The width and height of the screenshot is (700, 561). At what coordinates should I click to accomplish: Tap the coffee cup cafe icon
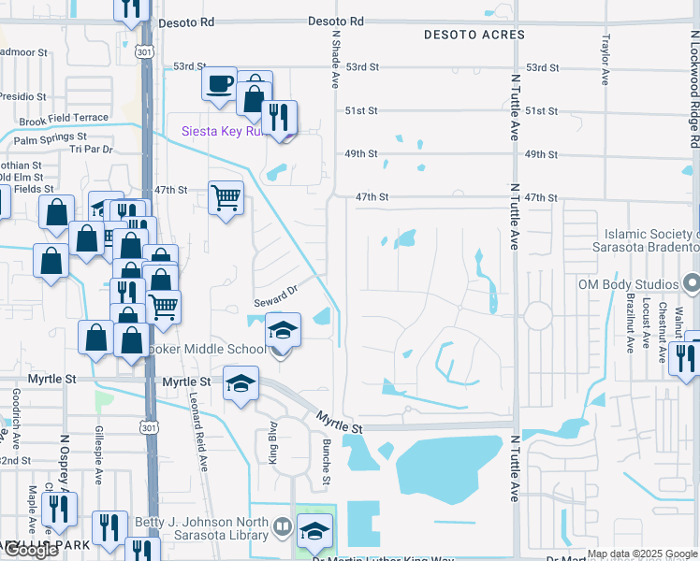coord(219,83)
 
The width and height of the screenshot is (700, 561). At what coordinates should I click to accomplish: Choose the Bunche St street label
coord(327,463)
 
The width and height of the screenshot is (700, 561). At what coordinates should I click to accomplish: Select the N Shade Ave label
coord(334,58)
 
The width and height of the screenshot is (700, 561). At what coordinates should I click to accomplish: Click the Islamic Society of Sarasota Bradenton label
coord(645,240)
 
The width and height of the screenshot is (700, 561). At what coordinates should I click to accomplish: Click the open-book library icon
coord(282,529)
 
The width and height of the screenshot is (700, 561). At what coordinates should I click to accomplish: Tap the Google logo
coord(32,550)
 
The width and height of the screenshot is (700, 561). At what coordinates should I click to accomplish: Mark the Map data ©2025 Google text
coord(642,554)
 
